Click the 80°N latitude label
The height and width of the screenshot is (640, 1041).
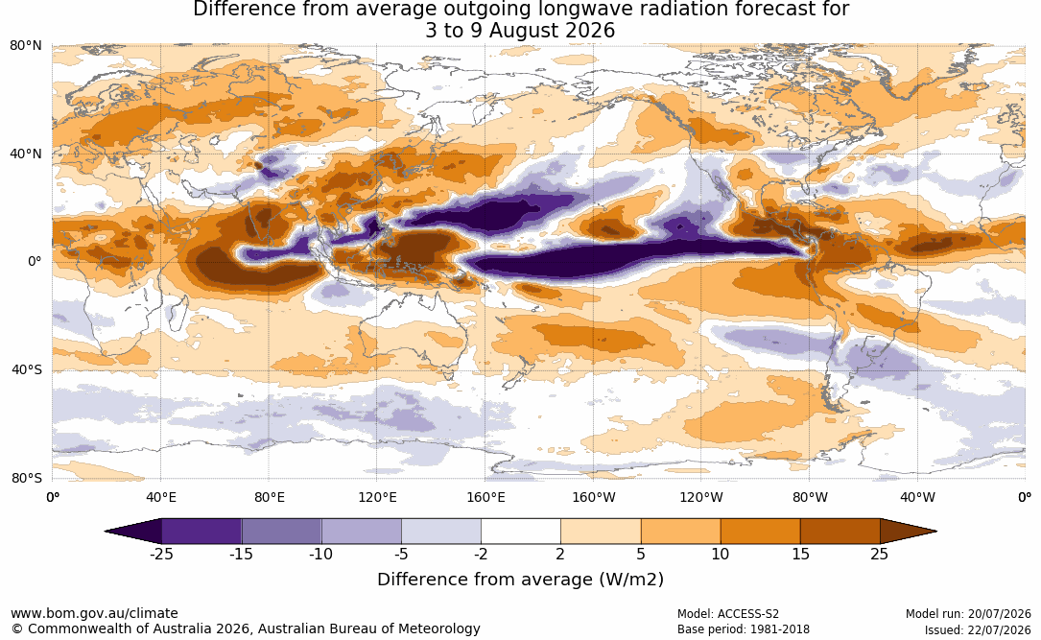pyautogui.click(x=25, y=46)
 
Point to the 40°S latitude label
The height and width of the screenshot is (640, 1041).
pyautogui.click(x=26, y=369)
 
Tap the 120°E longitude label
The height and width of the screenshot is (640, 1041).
pyautogui.click(x=377, y=497)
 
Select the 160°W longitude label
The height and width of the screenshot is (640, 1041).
pyautogui.click(x=593, y=497)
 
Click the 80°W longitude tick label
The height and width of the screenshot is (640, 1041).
pyautogui.click(x=810, y=497)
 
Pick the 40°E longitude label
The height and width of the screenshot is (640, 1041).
pyautogui.click(x=160, y=497)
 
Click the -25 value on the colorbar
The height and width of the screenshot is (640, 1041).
pyautogui.click(x=161, y=554)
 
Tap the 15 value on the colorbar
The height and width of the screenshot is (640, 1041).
pyautogui.click(x=800, y=554)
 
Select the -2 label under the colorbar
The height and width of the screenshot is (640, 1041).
pyautogui.click(x=481, y=554)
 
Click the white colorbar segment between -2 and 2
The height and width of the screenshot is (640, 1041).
pyautogui.click(x=521, y=532)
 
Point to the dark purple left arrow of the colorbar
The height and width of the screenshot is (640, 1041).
pyautogui.click(x=133, y=532)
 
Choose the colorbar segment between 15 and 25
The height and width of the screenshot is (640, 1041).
pyautogui.click(x=840, y=532)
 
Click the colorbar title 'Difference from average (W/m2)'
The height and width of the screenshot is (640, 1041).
pyautogui.click(x=520, y=580)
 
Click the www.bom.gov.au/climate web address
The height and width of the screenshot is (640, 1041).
pyautogui.click(x=94, y=613)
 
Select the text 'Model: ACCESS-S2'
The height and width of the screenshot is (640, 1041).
pyautogui.click(x=728, y=614)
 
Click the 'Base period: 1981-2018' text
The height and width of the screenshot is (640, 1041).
pyautogui.click(x=744, y=629)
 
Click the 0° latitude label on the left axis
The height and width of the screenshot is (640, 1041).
pyautogui.click(x=35, y=262)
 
